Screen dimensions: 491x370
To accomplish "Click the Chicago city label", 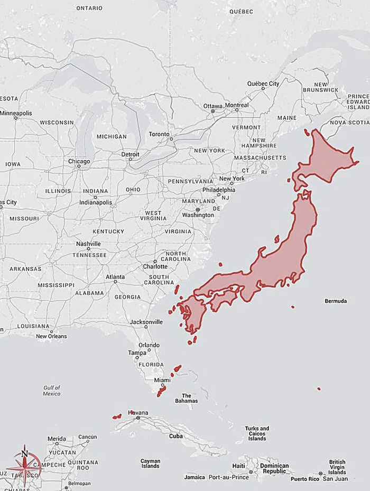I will pyautogui.click(x=79, y=161).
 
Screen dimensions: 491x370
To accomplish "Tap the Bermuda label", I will pyautogui.click(x=336, y=301).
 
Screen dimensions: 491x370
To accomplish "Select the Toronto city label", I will pyautogui.click(x=159, y=134).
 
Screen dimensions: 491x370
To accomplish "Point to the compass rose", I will pyautogui.click(x=24, y=466).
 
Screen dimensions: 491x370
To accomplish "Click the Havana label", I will pyautogui.click(x=138, y=413).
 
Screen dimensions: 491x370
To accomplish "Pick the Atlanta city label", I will pyautogui.click(x=115, y=277).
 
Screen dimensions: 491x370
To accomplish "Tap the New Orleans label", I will pyautogui.click(x=51, y=337).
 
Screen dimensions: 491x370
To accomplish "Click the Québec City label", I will pyautogui.click(x=263, y=84).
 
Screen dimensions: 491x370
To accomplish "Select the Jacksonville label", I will pyautogui.click(x=146, y=322).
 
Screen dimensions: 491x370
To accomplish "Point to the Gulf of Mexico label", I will pyautogui.click(x=52, y=391).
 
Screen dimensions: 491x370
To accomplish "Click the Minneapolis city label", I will pyautogui.click(x=16, y=113).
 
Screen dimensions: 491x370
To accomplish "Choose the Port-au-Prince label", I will pyautogui.click(x=228, y=477).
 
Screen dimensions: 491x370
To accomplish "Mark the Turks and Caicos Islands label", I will pyautogui.click(x=257, y=433).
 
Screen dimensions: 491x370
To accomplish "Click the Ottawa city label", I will pyautogui.click(x=213, y=105).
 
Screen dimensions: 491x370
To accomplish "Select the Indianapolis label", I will pyautogui.click(x=96, y=202).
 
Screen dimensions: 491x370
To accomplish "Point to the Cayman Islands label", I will pyautogui.click(x=150, y=464).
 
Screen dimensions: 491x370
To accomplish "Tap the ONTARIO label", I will pyautogui.click(x=89, y=8).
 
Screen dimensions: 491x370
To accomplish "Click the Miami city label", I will pyautogui.click(x=162, y=381).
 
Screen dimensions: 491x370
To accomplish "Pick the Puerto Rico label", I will pyautogui.click(x=305, y=479).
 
